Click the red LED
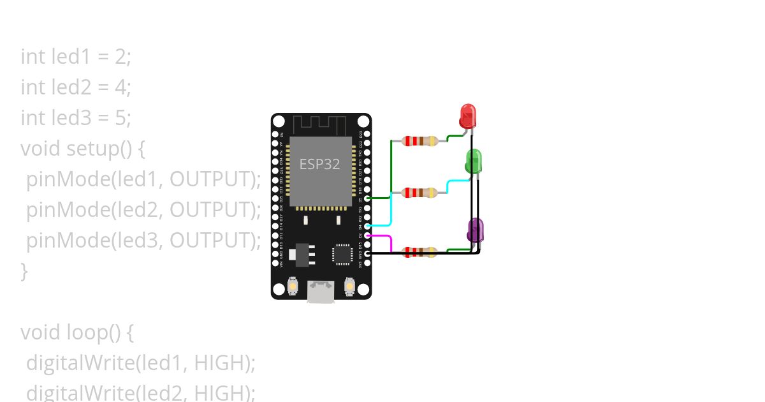(468, 115)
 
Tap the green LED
(474, 161)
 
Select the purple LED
(475, 230)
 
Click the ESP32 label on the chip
(319, 163)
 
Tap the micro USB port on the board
(321, 292)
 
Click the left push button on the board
(293, 286)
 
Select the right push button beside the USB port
(349, 286)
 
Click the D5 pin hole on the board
(367, 199)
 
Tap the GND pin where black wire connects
(367, 254)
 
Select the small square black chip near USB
(342, 253)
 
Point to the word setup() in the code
(106, 148)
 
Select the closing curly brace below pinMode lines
(24, 271)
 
